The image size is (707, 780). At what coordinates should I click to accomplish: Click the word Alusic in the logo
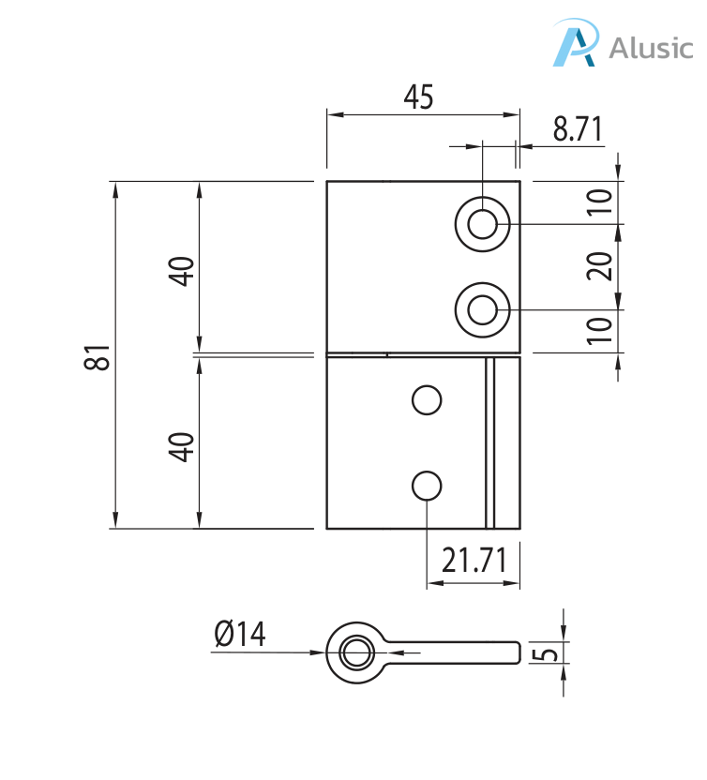[x=651, y=48]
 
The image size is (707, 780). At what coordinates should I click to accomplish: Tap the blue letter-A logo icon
[x=576, y=43]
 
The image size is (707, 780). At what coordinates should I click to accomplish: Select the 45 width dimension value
[x=418, y=97]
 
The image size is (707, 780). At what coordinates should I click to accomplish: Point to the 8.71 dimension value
[x=578, y=128]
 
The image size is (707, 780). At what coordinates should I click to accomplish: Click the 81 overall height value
[x=97, y=356]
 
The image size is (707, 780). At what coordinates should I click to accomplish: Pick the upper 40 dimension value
[x=181, y=271]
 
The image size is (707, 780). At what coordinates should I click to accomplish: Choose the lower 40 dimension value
[x=181, y=447]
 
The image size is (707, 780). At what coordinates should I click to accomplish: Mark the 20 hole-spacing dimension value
[x=599, y=266]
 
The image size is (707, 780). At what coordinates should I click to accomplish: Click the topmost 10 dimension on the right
[x=599, y=202]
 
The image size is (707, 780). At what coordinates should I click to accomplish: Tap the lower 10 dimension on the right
[x=599, y=331]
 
